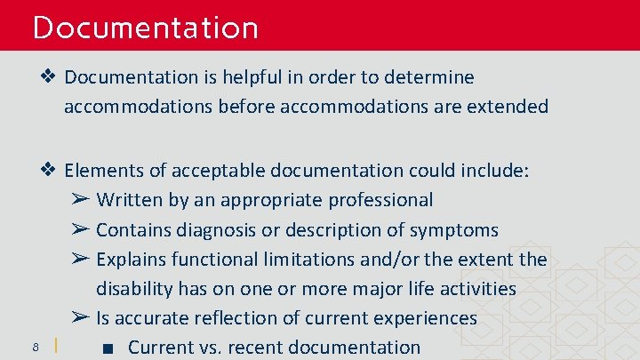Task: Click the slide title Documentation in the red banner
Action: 145,28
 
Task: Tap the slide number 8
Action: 34,346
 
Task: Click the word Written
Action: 130,200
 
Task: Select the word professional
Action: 381,200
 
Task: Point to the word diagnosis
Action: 212,229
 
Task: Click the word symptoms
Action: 453,229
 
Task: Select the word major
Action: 377,289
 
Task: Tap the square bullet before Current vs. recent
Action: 107,348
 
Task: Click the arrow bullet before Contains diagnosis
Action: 79,229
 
